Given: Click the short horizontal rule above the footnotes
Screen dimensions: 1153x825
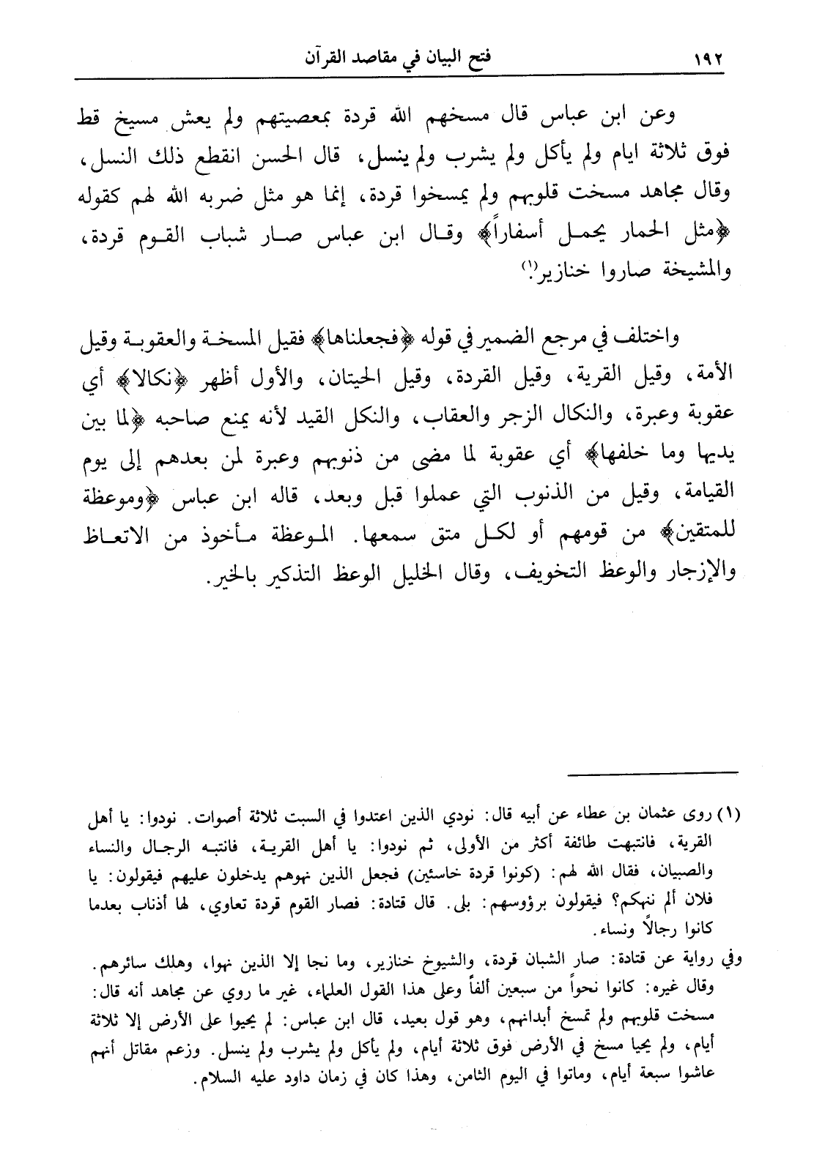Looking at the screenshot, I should tap(655, 772).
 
